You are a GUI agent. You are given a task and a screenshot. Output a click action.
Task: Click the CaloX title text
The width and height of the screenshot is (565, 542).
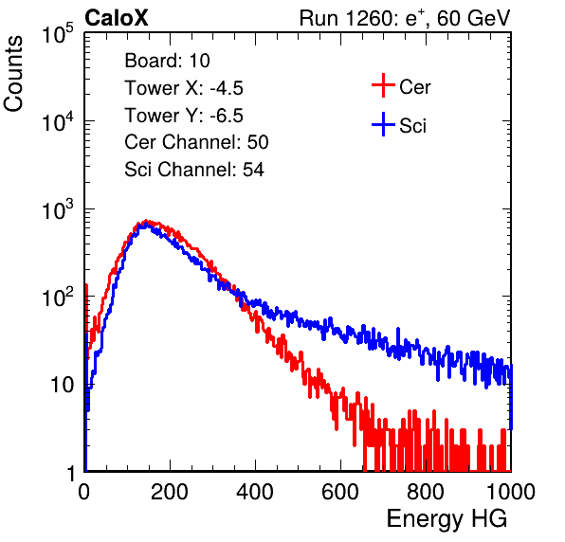pos(116,18)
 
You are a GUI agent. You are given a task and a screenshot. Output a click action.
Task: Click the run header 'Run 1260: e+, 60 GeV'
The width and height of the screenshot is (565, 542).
pos(405,18)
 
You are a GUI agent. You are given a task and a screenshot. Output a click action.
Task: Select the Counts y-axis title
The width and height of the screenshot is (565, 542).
pos(13,74)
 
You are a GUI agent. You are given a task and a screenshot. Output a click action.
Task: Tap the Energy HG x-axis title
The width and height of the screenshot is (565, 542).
pos(447,519)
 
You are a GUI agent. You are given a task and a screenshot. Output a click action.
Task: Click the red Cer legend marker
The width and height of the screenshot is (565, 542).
pos(383,85)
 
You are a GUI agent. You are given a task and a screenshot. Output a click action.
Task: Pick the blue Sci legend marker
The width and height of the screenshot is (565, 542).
pos(383,124)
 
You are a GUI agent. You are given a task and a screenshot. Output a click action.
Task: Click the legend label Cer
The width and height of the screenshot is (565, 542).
pos(414,87)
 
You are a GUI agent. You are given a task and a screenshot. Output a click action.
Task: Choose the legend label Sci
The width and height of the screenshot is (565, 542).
pos(412,126)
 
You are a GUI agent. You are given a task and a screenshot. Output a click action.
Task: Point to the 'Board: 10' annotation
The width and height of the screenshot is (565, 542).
pos(167,60)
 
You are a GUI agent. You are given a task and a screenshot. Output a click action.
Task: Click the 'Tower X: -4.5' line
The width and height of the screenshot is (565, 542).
pos(184,88)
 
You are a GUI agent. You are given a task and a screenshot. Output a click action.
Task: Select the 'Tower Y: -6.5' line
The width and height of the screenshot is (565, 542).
pos(184,116)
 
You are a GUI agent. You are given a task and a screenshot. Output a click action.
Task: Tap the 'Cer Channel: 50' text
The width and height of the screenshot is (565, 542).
pos(196,142)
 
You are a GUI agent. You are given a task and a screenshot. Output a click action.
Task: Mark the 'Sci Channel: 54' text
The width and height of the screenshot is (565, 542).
pos(194,170)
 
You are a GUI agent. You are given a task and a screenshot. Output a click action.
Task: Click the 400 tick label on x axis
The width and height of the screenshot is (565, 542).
pos(255,492)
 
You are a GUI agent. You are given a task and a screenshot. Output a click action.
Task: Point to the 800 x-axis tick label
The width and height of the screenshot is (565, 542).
pos(426,492)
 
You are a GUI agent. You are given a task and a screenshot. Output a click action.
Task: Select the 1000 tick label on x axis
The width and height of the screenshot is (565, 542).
pos(511,492)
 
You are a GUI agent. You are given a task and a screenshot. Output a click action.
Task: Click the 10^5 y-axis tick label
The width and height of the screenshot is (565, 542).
pos(58,33)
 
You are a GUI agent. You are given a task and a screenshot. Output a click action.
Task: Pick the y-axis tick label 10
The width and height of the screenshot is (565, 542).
pos(62,386)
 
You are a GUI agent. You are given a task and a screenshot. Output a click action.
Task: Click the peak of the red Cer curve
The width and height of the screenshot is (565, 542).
pos(146,220)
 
